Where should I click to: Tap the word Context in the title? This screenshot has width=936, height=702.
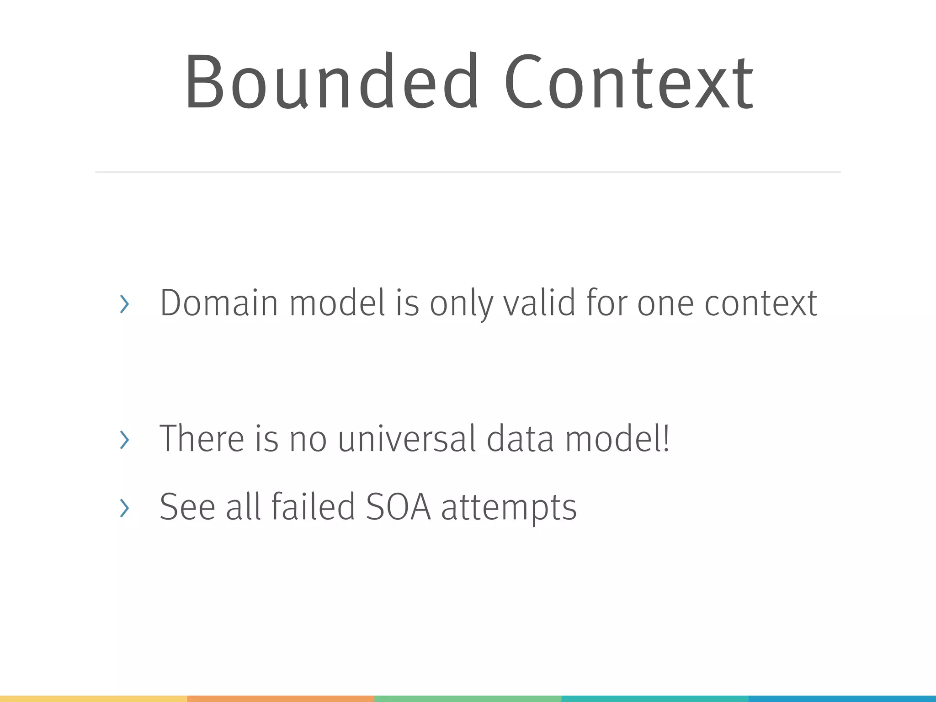(629, 82)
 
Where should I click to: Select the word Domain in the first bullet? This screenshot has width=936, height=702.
(218, 303)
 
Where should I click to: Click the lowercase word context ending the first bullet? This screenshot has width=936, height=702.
(760, 303)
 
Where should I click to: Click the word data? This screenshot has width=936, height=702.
(520, 439)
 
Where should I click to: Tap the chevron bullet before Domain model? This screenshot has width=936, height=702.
(124, 304)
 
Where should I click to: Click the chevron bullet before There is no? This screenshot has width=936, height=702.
(124, 440)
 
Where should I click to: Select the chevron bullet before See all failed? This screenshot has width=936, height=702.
(124, 508)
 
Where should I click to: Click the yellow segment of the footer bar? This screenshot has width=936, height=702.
(93, 699)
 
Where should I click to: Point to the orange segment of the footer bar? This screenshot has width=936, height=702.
(281, 699)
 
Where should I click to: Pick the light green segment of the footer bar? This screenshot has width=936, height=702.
(468, 699)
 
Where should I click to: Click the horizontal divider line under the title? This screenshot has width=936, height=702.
(468, 172)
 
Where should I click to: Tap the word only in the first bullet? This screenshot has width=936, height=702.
(462, 303)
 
